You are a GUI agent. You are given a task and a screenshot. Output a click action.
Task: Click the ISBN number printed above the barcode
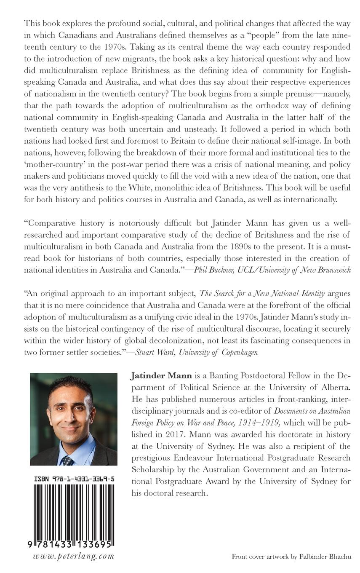pyautogui.click(x=74, y=479)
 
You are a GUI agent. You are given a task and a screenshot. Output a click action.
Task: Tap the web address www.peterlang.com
pyautogui.click(x=74, y=556)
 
